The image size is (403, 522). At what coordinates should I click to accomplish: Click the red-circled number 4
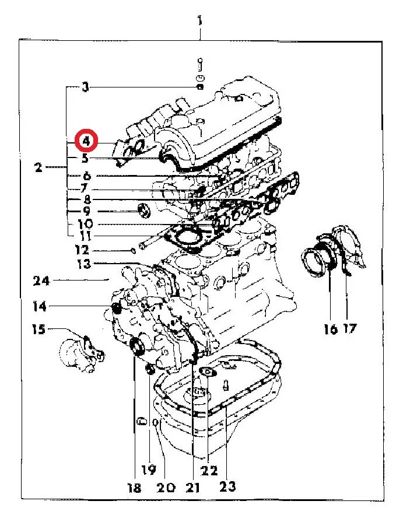[x=86, y=141]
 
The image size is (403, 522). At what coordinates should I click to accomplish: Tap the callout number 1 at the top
[x=200, y=23]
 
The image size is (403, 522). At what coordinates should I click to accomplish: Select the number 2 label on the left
[x=38, y=168]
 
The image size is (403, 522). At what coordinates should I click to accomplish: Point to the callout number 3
[x=86, y=88]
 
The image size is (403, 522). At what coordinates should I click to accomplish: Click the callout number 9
[x=86, y=211]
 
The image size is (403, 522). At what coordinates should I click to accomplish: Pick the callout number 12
[x=82, y=251]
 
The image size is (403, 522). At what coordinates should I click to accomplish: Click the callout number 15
[x=38, y=330]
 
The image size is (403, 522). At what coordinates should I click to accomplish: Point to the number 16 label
[x=330, y=330]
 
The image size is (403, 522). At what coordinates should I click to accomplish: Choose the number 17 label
[x=349, y=330]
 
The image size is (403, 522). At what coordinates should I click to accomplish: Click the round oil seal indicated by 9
[x=142, y=211]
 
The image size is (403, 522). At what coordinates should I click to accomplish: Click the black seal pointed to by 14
[x=115, y=307]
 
